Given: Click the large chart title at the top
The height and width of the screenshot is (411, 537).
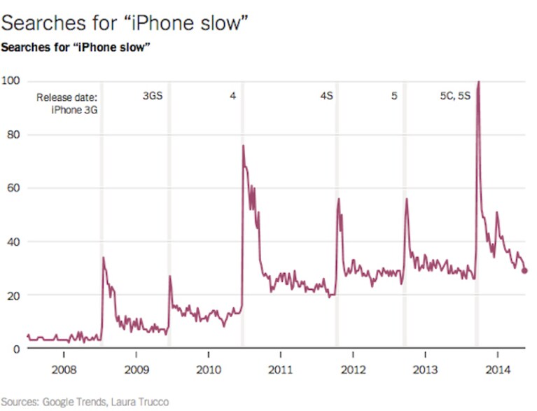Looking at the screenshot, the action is [x=125, y=23].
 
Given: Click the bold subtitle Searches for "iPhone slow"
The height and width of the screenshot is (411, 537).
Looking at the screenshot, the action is [x=76, y=48].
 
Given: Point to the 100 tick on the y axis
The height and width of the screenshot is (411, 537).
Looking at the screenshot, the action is [x=11, y=81].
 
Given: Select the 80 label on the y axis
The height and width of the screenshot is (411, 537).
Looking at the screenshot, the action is [x=13, y=134].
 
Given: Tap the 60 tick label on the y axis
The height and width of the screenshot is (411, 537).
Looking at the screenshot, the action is [x=13, y=188].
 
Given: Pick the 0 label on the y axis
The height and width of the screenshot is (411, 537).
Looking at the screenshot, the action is [x=16, y=349].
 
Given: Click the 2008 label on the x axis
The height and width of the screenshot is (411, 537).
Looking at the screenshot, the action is [x=64, y=370].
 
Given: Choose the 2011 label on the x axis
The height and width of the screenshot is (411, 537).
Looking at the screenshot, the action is [x=281, y=370].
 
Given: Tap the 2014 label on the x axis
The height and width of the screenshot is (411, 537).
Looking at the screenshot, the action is [x=498, y=370].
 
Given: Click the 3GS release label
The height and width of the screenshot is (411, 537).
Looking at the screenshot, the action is [x=153, y=95].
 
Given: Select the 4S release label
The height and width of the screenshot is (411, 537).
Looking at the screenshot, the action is [x=327, y=95].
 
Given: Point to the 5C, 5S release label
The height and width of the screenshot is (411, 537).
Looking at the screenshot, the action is [x=455, y=95].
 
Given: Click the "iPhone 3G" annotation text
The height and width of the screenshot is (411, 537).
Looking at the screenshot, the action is [x=74, y=110].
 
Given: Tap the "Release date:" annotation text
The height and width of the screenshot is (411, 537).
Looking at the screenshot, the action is [x=67, y=97].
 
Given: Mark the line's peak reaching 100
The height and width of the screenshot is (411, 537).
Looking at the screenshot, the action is [x=478, y=81].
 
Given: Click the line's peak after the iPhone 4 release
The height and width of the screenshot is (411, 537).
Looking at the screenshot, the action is [x=243, y=145].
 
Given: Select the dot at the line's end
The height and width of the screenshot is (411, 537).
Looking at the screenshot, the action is [x=524, y=271].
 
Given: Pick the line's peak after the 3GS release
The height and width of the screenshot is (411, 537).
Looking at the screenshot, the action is [x=170, y=276].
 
